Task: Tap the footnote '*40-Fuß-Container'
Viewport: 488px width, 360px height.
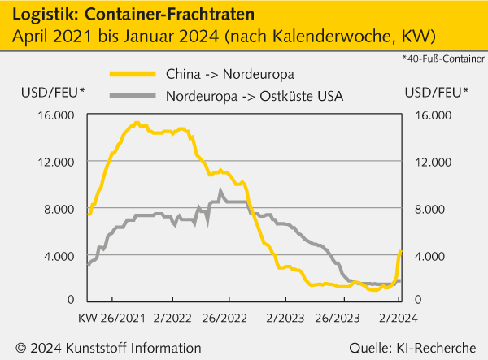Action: click(442, 59)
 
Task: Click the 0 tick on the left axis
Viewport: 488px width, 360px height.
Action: click(72, 301)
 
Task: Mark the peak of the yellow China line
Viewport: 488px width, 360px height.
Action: click(137, 123)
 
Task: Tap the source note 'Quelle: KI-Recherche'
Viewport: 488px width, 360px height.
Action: click(412, 347)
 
